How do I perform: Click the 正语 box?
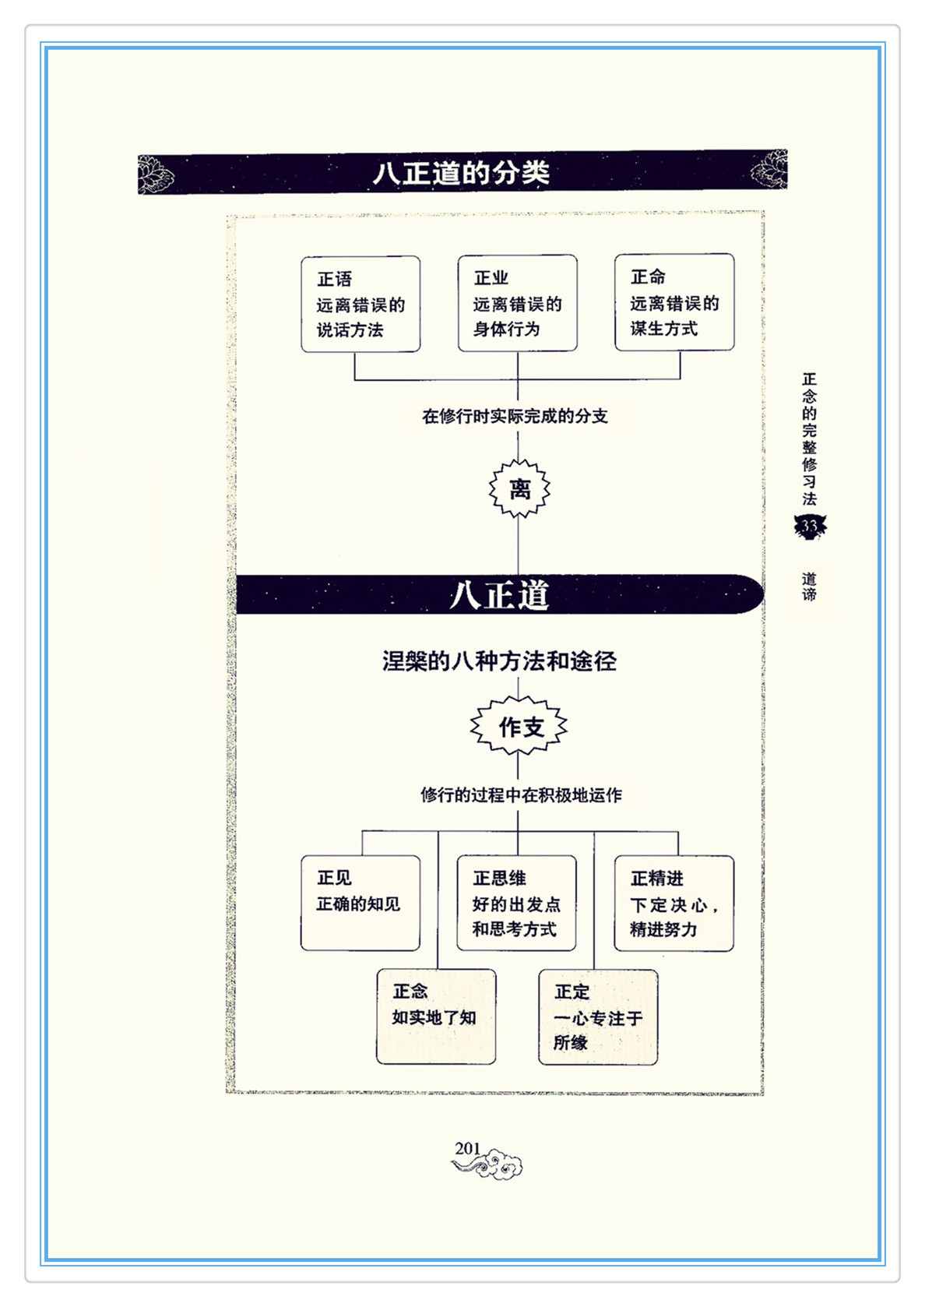pos(361,304)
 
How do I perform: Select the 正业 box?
pos(517,303)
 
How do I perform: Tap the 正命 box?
pos(674,301)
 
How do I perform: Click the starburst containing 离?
pos(519,488)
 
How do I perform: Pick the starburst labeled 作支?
pos(519,727)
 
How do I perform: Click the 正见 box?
pos(361,903)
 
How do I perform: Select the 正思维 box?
pos(517,903)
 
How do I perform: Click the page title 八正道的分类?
pos(461,173)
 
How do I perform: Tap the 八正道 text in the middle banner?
pos(499,595)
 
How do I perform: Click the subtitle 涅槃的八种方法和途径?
pos(499,661)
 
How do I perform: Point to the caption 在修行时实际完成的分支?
pos(515,416)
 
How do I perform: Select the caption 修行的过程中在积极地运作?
pos(521,794)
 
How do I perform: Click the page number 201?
pos(467,1148)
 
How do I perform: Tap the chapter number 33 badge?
pos(810,527)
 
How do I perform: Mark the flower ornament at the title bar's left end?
pos(156,174)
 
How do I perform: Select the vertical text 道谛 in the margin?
pos(809,586)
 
